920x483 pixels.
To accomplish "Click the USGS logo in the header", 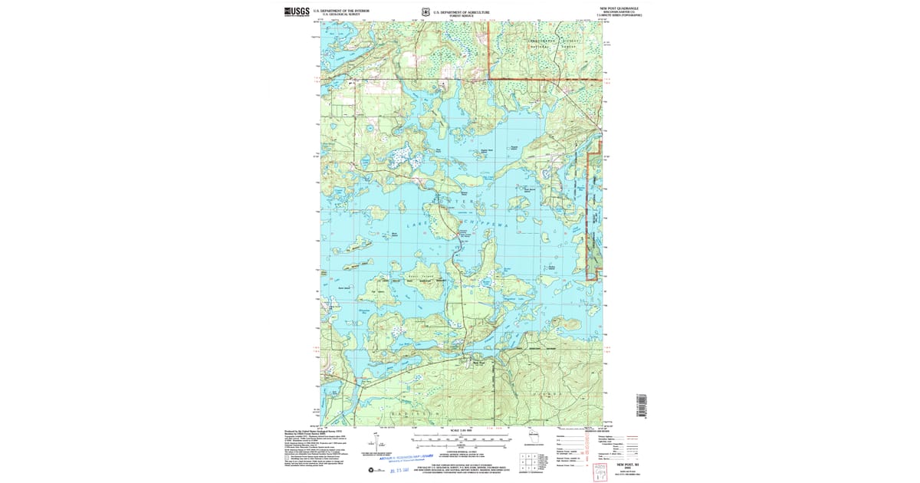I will tap(297, 11).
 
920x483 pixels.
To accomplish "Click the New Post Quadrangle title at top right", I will tap(619, 8).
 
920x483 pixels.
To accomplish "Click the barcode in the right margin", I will tap(642, 404).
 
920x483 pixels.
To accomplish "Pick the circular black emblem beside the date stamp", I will tap(373, 469).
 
